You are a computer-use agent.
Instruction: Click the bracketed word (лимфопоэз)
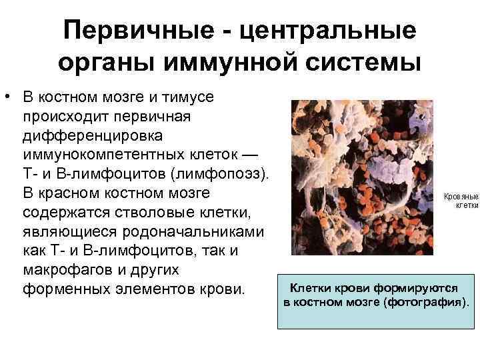pyautogui.click(x=220, y=175)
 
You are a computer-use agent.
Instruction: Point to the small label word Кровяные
pyautogui.click(x=461, y=197)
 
